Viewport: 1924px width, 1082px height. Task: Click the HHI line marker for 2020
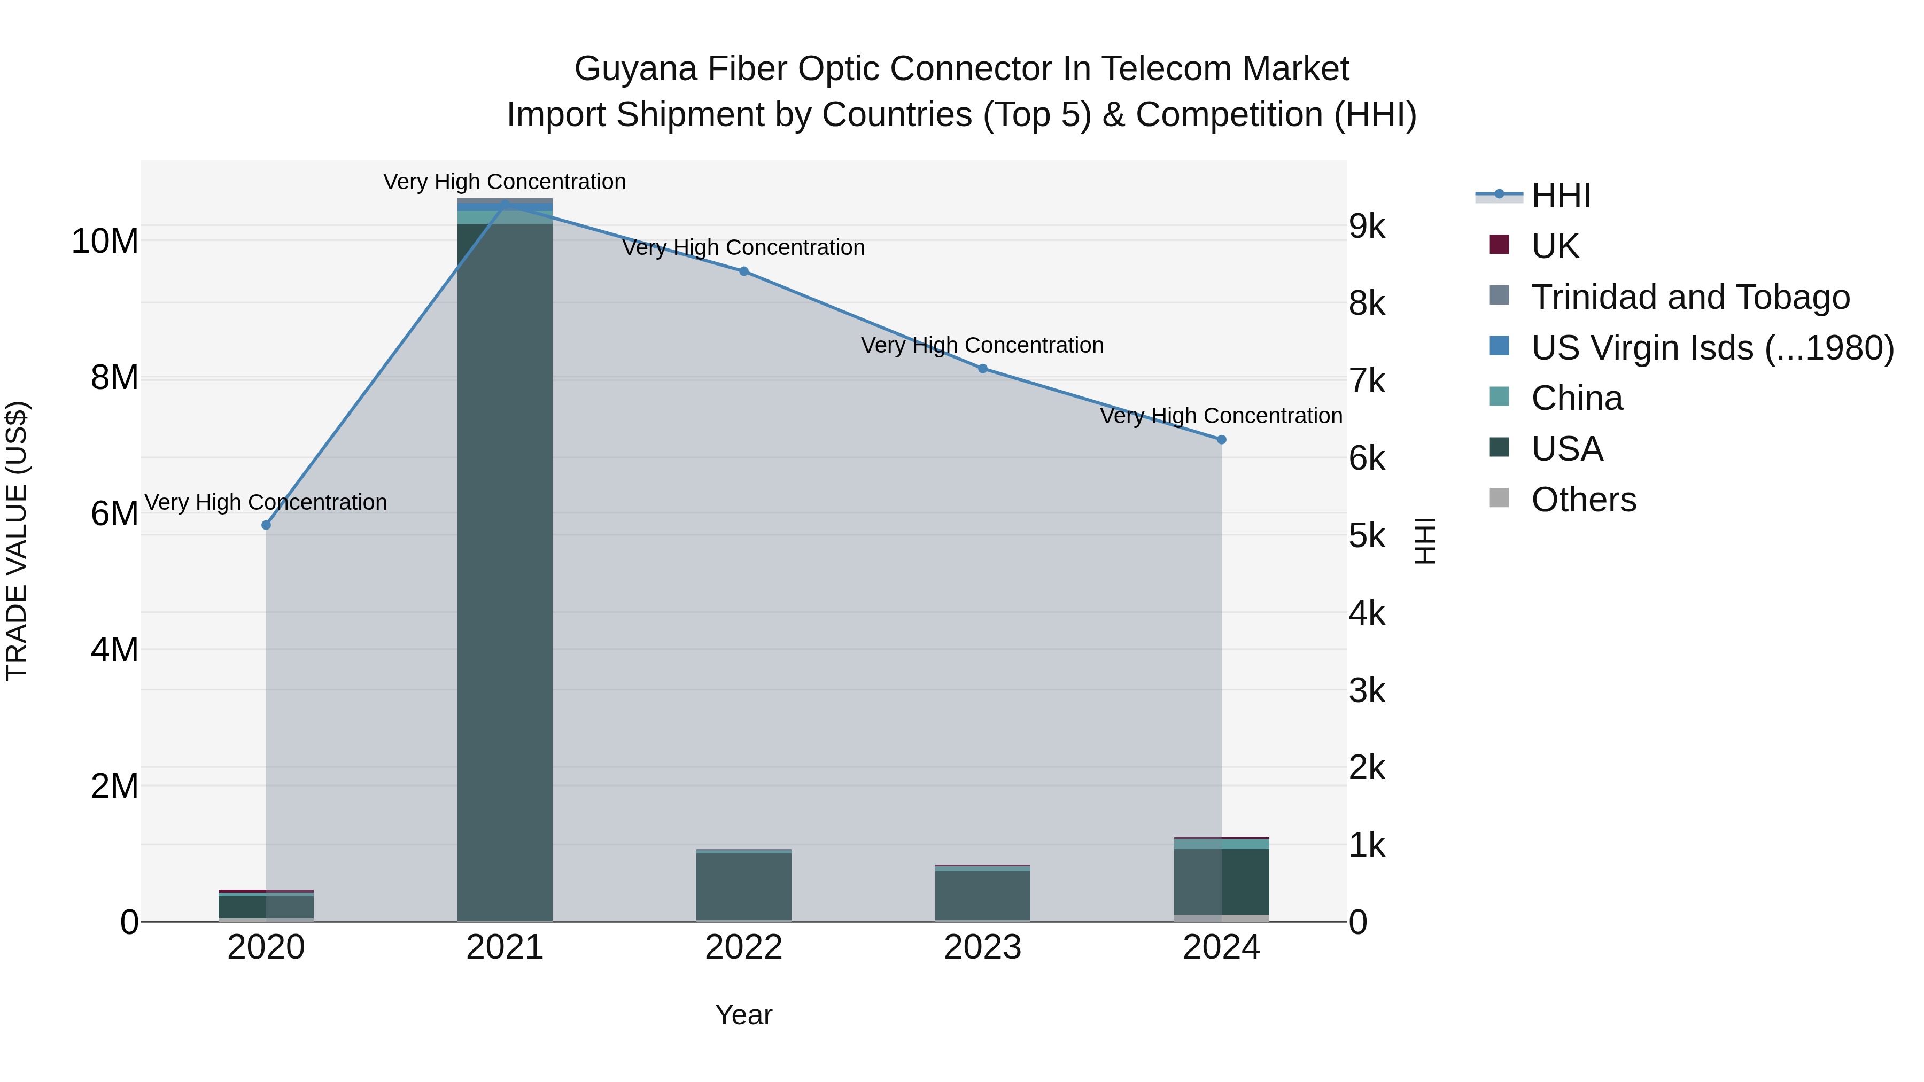coord(266,525)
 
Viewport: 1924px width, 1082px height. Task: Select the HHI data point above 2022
coord(743,271)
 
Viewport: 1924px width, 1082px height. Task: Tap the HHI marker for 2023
coord(982,368)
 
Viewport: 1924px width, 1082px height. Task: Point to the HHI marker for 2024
coord(1221,440)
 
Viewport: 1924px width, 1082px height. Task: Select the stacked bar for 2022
coord(743,885)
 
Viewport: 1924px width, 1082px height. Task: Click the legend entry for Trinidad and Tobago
coord(1690,297)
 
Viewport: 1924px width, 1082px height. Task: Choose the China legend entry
coord(1576,399)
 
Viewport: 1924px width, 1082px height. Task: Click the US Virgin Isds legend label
coord(1712,348)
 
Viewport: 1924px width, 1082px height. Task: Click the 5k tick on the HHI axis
coord(1366,536)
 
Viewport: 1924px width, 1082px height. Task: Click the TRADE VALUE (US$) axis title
coord(17,541)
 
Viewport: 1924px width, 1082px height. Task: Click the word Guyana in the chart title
coord(635,69)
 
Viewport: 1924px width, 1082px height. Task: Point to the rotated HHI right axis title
coord(1424,541)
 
